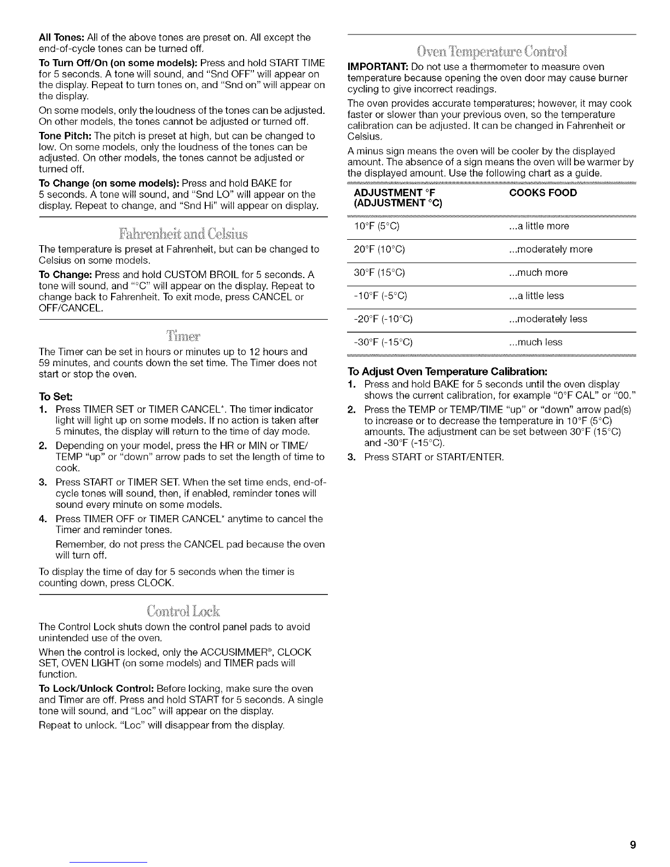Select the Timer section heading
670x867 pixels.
pyautogui.click(x=183, y=334)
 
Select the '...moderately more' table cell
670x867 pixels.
pyautogui.click(x=550, y=250)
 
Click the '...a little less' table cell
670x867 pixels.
pyautogui.click(x=536, y=296)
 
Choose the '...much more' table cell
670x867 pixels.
pyautogui.click(x=538, y=273)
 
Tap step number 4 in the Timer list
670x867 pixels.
pyautogui.click(x=43, y=519)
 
